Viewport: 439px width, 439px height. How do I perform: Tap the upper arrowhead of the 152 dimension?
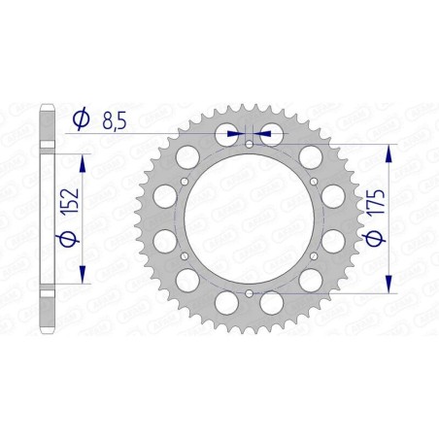coord(84,161)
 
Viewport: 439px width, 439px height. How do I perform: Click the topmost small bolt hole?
coord(249,145)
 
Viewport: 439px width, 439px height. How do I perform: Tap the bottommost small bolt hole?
coord(249,292)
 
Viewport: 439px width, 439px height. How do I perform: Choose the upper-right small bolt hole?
coord(313,182)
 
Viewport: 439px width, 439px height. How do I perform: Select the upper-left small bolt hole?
coord(185,182)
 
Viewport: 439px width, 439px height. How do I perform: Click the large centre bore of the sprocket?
coord(249,219)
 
